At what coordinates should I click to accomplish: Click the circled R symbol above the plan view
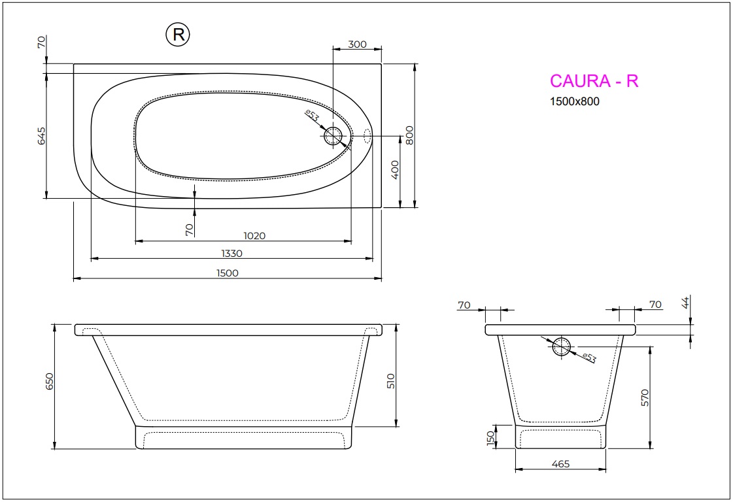pos(177,35)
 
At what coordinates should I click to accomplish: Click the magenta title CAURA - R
pos(594,80)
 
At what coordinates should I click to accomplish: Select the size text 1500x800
pos(574,101)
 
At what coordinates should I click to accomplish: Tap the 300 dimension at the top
pos(357,44)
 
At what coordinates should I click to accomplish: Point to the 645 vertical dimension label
pos(41,136)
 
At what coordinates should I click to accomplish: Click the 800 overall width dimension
pos(410,135)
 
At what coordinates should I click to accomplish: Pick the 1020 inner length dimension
pos(254,236)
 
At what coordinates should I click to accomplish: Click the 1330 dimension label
pos(231,254)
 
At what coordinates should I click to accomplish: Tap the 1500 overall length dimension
pos(227,273)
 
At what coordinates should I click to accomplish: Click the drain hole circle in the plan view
pos(333,136)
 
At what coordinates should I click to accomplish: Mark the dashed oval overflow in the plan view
pos(367,136)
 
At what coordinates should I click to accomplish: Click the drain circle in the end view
pos(561,348)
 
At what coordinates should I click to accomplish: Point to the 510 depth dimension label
pos(391,382)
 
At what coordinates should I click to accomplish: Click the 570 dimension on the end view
pos(645,397)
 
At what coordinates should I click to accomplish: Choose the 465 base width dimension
pos(560,464)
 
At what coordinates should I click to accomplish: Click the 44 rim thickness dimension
pos(685,302)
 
